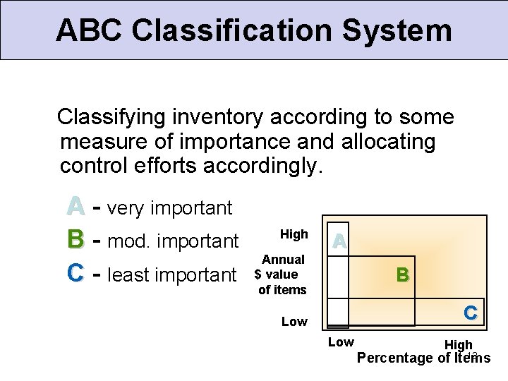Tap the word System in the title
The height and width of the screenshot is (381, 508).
click(400, 30)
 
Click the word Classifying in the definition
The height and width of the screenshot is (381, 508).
click(114, 116)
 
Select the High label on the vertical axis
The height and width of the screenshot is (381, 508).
click(294, 234)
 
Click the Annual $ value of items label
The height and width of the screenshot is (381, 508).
click(282, 274)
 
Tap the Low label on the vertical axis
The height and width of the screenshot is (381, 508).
click(294, 322)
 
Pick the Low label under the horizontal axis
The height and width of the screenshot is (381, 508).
click(341, 342)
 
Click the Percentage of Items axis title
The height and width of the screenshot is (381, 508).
click(423, 358)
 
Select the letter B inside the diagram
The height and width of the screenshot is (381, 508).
click(402, 274)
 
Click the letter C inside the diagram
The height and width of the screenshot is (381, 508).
click(470, 312)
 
